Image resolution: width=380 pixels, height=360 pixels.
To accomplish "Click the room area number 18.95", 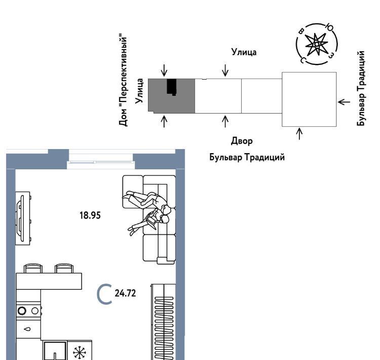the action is pyautogui.click(x=90, y=215).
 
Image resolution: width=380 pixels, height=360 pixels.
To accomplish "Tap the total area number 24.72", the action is pyautogui.click(x=125, y=293).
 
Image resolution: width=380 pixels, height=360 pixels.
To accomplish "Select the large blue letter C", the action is pyautogui.click(x=104, y=294).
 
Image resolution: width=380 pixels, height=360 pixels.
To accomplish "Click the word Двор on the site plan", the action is pyautogui.click(x=242, y=141).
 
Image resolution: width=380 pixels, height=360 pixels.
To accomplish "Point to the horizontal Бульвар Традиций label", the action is pyautogui.click(x=247, y=157).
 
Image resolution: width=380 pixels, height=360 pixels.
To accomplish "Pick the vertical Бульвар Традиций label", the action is pyautogui.click(x=361, y=88).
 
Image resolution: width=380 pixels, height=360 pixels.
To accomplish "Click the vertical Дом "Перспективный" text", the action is pyautogui.click(x=123, y=80).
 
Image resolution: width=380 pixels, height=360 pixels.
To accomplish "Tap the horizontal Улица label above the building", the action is pyautogui.click(x=244, y=52).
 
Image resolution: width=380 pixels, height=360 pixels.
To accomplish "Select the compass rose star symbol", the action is pyautogui.click(x=316, y=44).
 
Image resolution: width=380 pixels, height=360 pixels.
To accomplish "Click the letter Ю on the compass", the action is pyautogui.click(x=330, y=27).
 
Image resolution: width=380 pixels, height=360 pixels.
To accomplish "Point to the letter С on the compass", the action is pyautogui.click(x=302, y=60).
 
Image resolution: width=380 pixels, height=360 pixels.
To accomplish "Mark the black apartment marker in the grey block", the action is pyautogui.click(x=172, y=87).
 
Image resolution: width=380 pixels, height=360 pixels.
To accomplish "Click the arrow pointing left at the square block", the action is pyautogui.click(x=344, y=102).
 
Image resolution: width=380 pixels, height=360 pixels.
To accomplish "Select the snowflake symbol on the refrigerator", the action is pyautogui.click(x=80, y=352).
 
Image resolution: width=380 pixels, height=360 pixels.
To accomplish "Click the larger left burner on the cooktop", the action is pyautogui.click(x=22, y=311).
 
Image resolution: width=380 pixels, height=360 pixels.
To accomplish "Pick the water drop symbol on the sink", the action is pyautogui.click(x=28, y=329).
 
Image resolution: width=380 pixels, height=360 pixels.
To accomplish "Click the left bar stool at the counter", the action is pyautogui.click(x=33, y=269).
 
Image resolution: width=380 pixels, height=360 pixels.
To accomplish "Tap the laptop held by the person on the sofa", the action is pyautogui.click(x=152, y=220).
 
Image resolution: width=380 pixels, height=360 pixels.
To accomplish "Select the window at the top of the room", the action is pyautogui.click(x=101, y=162).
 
